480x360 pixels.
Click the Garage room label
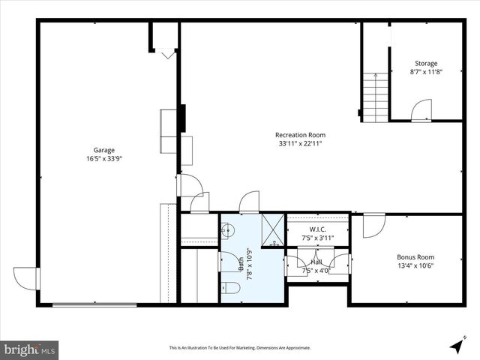point(104,149)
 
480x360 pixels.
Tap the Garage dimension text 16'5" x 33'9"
point(104,158)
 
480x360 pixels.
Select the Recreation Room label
point(300,135)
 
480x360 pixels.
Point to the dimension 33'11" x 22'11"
point(300,144)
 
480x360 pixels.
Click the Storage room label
point(426,64)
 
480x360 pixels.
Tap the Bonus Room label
point(415,257)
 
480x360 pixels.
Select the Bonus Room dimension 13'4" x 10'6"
point(415,266)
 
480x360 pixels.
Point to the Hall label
point(318,262)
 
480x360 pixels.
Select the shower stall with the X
point(272,229)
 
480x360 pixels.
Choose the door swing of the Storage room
point(421,111)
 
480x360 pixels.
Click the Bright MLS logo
point(30,349)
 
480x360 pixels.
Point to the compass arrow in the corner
point(456,346)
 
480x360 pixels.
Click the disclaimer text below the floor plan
point(240,348)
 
